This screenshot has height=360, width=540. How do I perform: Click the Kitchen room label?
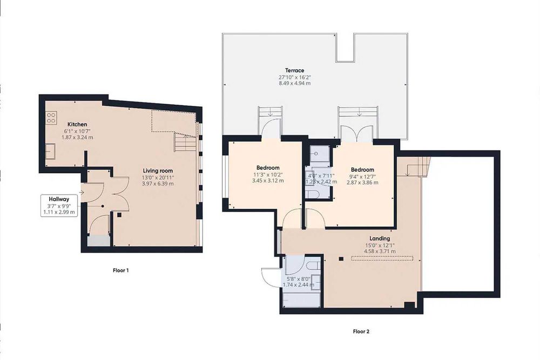coord(77,124)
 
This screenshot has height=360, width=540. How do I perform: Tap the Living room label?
coord(158,171)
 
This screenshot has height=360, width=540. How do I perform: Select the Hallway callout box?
coord(59,206)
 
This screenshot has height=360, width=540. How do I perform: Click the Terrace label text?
coord(294,71)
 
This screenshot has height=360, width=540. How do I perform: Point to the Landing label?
coord(380,238)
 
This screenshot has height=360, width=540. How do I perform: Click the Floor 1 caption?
coord(121,270)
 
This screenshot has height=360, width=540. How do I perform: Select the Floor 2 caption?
coord(361,332)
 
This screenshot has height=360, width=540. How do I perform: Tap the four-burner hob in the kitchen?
coord(52,118)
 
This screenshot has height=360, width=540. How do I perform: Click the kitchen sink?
coord(50,152)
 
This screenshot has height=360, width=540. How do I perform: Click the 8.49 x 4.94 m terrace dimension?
coord(294,83)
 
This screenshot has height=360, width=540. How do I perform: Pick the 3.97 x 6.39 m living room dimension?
coord(158,184)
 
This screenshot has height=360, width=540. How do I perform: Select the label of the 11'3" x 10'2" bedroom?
coord(268,168)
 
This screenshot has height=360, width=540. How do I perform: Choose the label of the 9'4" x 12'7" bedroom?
coord(362,169)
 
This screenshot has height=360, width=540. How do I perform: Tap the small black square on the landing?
coord(341,259)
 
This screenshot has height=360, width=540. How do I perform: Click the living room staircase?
coord(186,142)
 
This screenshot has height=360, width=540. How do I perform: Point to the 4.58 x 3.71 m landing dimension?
coord(380,251)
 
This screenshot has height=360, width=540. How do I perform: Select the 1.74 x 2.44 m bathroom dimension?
coord(298,285)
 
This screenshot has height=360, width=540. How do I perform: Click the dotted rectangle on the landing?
coord(382,258)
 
